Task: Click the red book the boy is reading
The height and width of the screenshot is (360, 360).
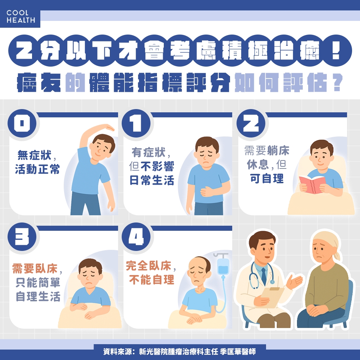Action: click(x=311, y=184)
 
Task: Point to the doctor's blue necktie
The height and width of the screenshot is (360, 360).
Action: click(x=264, y=275)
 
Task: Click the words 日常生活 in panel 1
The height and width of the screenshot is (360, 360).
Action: click(x=152, y=180)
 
